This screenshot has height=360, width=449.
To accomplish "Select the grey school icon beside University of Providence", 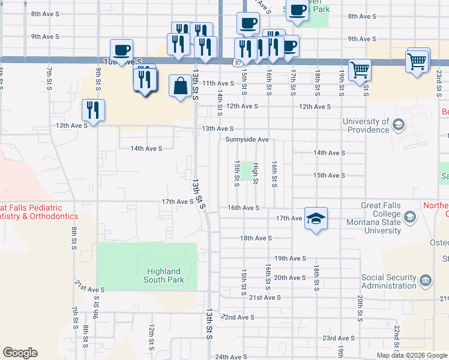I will pyautogui.click(x=397, y=125).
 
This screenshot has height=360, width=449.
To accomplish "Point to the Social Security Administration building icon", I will pyautogui.click(x=425, y=281).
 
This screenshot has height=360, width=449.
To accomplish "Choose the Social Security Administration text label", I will pyautogui.click(x=388, y=281).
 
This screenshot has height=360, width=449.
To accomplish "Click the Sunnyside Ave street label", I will pyautogui.click(x=247, y=139).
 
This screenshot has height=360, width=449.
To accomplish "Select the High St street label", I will pyautogui.click(x=255, y=173).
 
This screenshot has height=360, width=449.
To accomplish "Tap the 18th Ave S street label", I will pyautogui.click(x=256, y=238).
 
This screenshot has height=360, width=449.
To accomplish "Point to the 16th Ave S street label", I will pyautogui.click(x=243, y=208).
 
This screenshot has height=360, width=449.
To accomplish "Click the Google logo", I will pyautogui.click(x=20, y=353).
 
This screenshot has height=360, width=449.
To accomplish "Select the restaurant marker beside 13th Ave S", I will pyautogui.click(x=93, y=110).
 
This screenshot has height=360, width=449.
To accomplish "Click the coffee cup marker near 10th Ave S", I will pyautogui.click(x=121, y=50).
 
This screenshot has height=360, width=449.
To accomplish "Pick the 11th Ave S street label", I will pyautogui.click(x=218, y=83).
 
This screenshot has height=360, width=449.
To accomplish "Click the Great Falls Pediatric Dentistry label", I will pyautogui.click(x=39, y=211).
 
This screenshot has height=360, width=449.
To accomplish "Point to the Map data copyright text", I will pyautogui.click(x=411, y=355).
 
